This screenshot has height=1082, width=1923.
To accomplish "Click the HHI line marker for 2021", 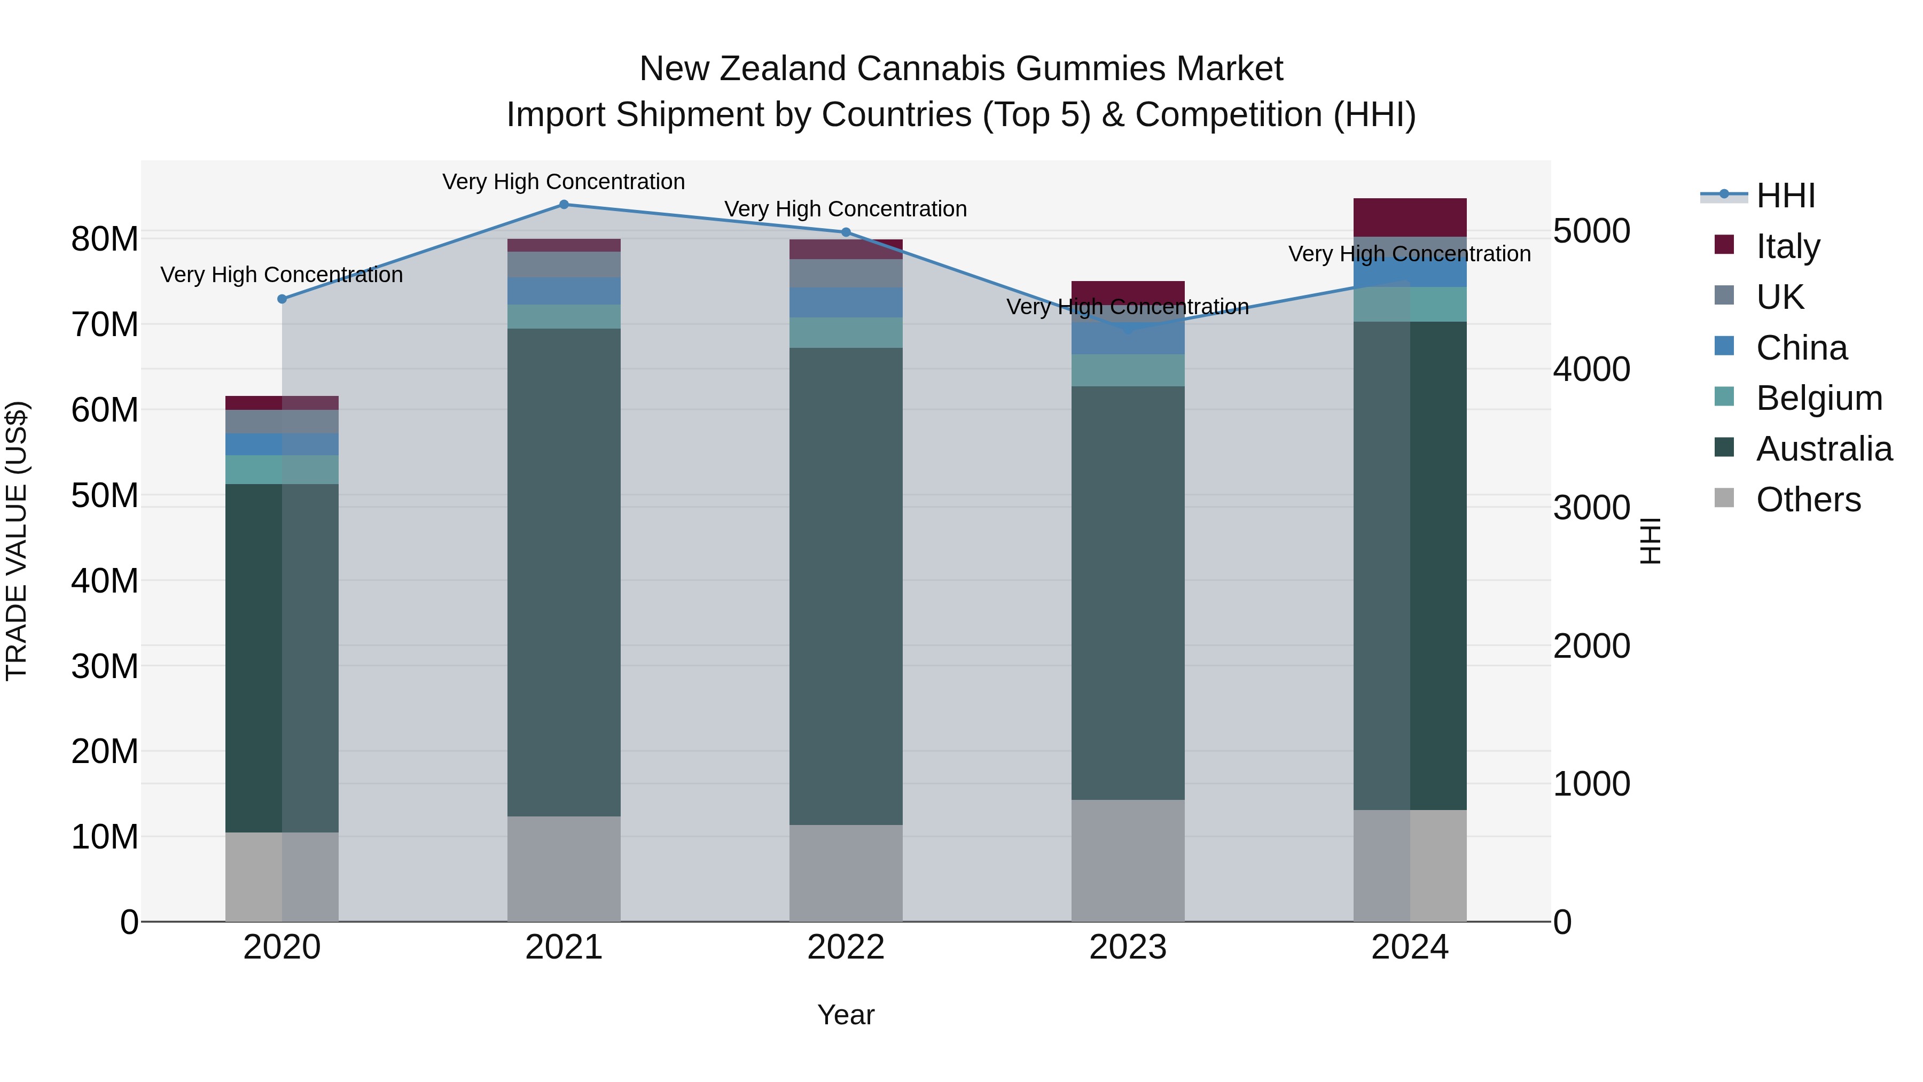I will pos(564,204).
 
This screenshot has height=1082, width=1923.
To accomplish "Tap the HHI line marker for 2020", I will pos(282,299).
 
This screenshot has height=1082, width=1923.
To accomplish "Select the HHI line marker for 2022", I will pos(846,232).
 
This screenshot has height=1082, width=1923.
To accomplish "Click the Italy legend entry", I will pos(1787,246).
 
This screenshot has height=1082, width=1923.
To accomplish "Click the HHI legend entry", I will pos(1785,195).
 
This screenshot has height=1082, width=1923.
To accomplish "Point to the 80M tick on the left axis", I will pos(105,240).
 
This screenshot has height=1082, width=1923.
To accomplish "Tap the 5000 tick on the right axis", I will pos(1592,231).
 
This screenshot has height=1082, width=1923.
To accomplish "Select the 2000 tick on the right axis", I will pos(1592,646).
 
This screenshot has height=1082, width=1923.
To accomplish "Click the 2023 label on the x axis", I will pos(1127,947).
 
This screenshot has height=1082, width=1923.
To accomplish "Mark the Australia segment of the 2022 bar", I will pos(846,586).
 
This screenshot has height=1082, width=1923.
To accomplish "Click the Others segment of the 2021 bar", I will pos(564,868).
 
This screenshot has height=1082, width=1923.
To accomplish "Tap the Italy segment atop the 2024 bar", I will pos(1410,217).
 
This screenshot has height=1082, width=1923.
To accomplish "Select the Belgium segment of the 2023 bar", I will pos(1127,370).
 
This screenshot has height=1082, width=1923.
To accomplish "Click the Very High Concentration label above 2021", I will pos(564,182).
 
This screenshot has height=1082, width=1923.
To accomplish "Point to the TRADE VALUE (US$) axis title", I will pos(17,541).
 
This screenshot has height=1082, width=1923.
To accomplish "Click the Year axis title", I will pos(846,1015).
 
